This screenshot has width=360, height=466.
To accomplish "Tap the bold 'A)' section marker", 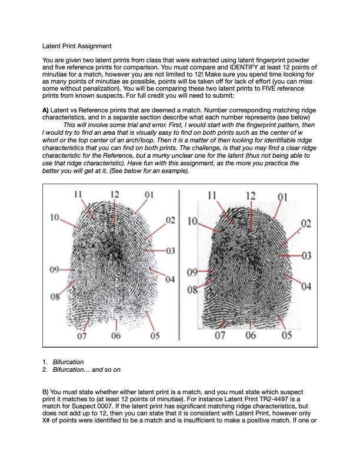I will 46,110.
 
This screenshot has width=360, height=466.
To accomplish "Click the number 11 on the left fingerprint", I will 78,194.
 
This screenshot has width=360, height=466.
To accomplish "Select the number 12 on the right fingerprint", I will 251,195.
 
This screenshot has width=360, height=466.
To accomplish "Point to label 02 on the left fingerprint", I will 170,220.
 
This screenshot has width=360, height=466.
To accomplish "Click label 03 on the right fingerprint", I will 306,255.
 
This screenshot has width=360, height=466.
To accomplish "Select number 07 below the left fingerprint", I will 82,336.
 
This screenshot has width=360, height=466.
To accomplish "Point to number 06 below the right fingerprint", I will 251,335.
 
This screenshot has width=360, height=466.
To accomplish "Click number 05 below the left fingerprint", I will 155,336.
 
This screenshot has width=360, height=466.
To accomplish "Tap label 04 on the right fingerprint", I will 306,287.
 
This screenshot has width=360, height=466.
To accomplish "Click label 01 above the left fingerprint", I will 149,194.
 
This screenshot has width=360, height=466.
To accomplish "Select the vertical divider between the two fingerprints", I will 179,265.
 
